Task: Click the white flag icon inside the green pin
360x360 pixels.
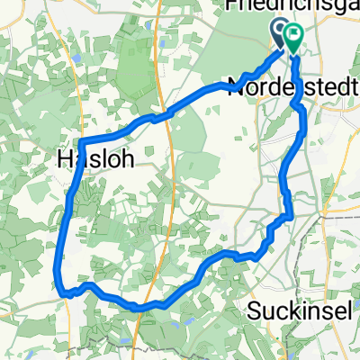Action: (293, 35)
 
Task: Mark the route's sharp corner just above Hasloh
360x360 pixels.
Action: (81, 141)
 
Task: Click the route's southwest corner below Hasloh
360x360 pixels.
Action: (63, 290)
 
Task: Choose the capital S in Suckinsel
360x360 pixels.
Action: (251, 312)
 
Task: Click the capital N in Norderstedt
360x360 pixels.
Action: (236, 86)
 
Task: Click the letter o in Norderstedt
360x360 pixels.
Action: (248, 86)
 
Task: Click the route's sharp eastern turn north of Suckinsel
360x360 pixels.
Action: (290, 215)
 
